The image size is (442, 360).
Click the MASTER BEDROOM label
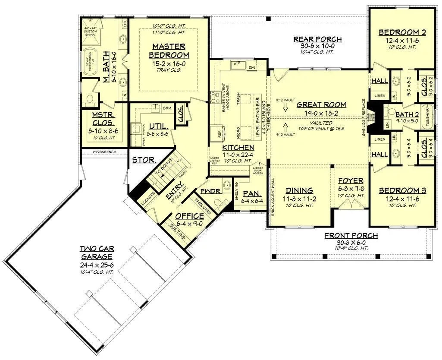(x=169, y=51)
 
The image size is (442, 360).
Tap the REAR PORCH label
(x=317, y=39)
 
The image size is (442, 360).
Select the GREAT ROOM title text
(x=321, y=104)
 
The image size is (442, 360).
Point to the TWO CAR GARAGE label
(x=97, y=253)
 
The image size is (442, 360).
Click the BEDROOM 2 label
(x=399, y=32)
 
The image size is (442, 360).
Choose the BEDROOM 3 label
(x=399, y=190)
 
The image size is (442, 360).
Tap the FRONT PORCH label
(x=351, y=236)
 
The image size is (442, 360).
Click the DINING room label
(x=300, y=190)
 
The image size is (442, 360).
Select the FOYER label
(x=351, y=180)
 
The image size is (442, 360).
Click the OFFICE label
(x=189, y=216)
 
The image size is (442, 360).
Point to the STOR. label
(x=144, y=160)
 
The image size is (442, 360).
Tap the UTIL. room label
(x=159, y=126)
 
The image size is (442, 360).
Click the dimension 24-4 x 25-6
(x=97, y=264)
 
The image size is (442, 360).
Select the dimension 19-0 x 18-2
(x=321, y=113)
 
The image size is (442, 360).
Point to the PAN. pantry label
(x=250, y=193)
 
